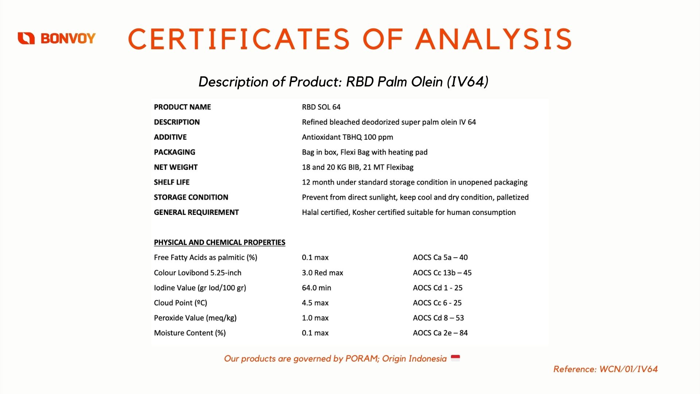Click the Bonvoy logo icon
(26, 38)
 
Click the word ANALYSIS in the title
(494, 39)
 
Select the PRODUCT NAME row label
(182, 107)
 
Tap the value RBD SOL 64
(321, 107)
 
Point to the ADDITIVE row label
(170, 137)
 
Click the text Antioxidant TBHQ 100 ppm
(347, 137)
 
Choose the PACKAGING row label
(175, 152)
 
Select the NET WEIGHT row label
(176, 167)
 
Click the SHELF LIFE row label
(172, 182)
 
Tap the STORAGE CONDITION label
(191, 197)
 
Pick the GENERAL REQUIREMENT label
(197, 212)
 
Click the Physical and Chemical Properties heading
(219, 243)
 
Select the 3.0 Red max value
(323, 273)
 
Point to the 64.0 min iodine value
(316, 288)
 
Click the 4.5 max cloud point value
(315, 303)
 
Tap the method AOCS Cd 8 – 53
(439, 318)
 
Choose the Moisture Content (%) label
(190, 333)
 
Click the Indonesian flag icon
(455, 358)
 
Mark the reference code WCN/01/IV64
(629, 369)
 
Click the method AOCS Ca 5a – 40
(440, 258)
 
